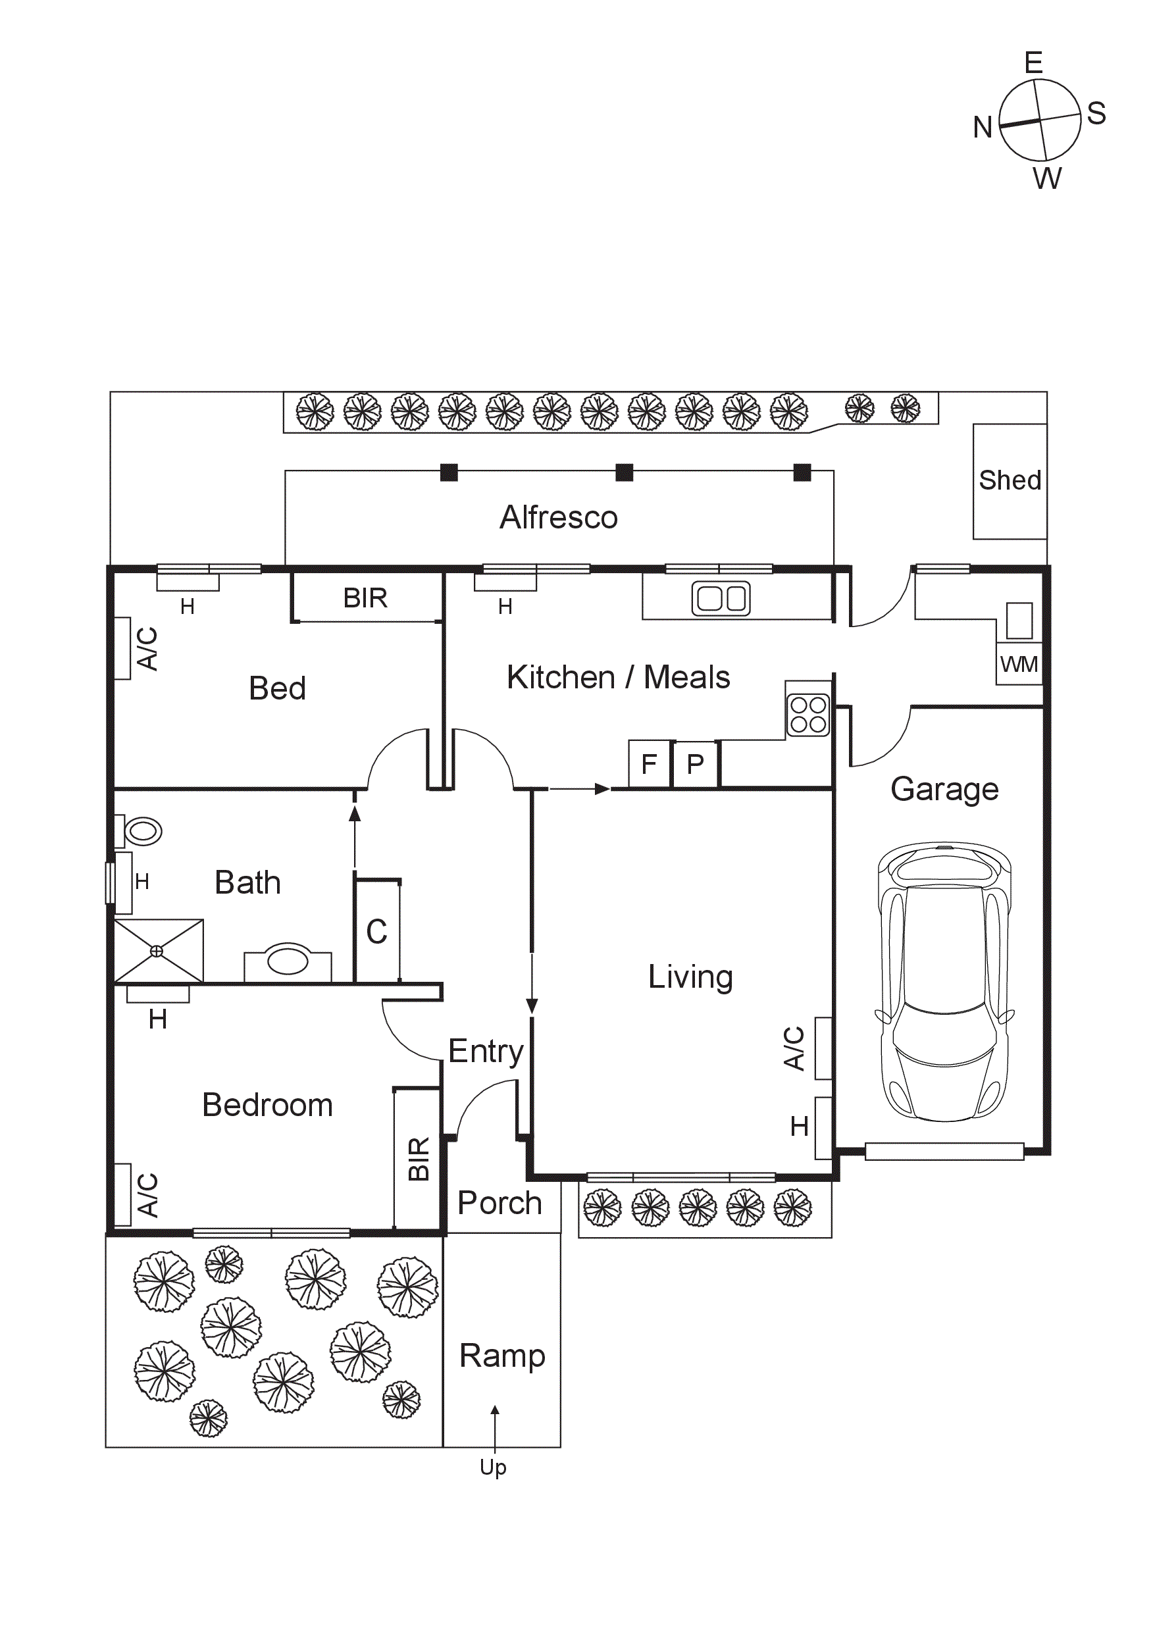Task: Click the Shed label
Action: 1010,480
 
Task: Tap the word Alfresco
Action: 558,517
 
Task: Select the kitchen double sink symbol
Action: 721,598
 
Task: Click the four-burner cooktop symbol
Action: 808,714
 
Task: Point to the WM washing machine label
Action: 1019,665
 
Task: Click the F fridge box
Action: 649,764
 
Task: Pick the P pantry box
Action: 695,764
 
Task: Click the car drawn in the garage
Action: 944,982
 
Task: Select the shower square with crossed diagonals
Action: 157,951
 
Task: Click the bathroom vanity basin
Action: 288,961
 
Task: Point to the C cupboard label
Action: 376,932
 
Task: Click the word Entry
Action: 486,1051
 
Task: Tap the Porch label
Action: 499,1203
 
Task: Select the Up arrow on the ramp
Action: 495,1427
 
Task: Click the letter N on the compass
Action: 982,128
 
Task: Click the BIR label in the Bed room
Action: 365,598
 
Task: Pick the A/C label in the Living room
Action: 794,1048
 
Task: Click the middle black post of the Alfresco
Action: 624,472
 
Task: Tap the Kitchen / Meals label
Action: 618,676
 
